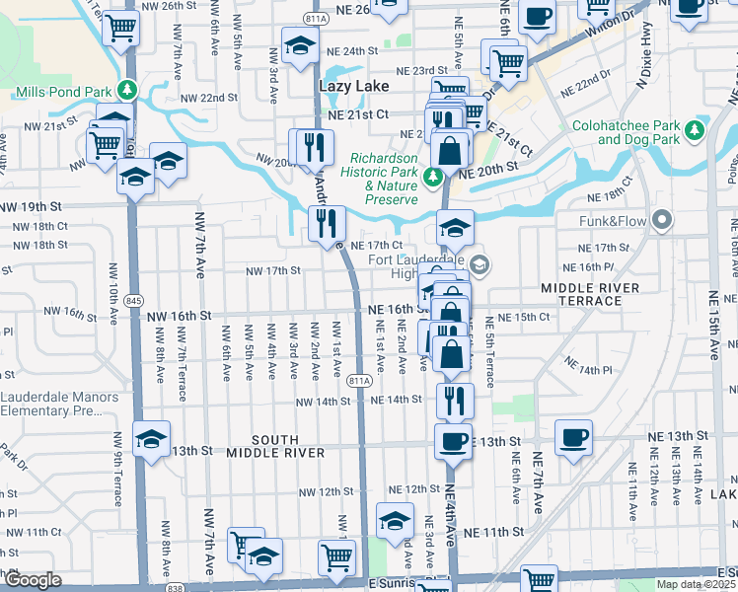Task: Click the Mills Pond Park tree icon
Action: pyautogui.click(x=126, y=91)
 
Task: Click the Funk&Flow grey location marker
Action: pyautogui.click(x=661, y=219)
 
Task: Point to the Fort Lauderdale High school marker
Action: pyautogui.click(x=480, y=263)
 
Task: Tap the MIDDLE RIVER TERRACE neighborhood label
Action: pyautogui.click(x=590, y=293)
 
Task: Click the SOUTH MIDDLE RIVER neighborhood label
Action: pyautogui.click(x=275, y=446)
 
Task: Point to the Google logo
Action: pyautogui.click(x=33, y=580)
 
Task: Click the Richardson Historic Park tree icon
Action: pyautogui.click(x=432, y=178)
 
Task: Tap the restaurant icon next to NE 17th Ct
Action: pyautogui.click(x=327, y=222)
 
